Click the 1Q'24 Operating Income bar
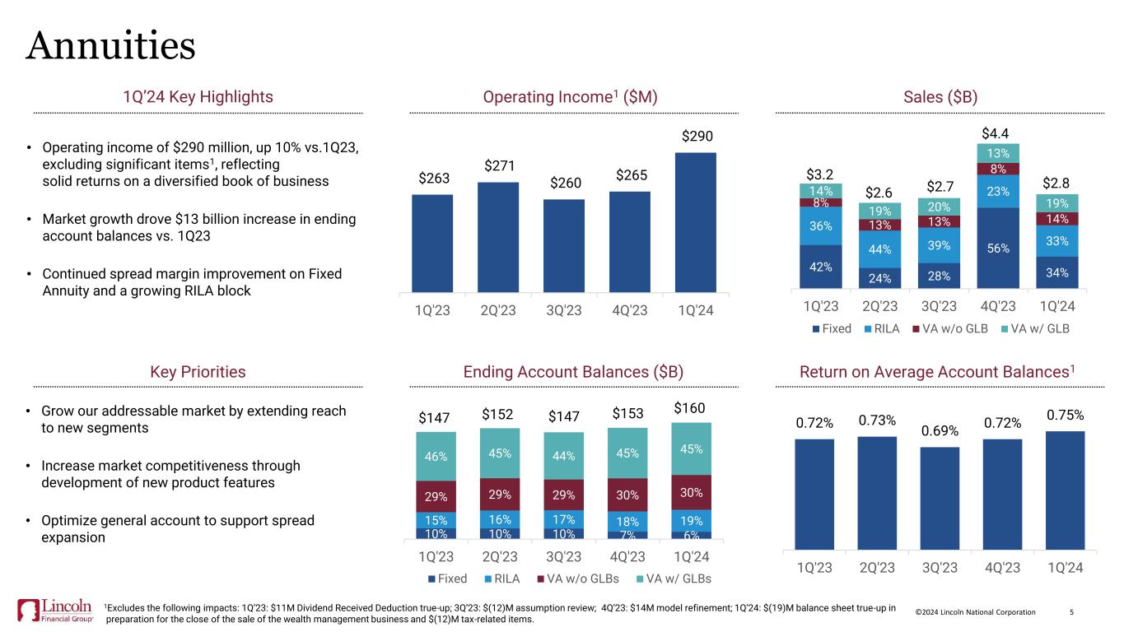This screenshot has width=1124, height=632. tap(695, 222)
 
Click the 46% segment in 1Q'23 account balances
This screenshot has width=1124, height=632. tap(434, 455)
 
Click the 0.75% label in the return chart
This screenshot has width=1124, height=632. tap(1064, 416)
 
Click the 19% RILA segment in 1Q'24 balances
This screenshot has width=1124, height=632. tap(692, 520)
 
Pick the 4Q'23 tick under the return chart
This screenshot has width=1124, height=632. tap(1002, 567)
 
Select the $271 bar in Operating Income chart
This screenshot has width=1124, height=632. tap(498, 237)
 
